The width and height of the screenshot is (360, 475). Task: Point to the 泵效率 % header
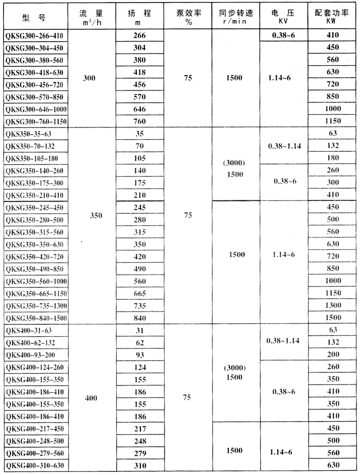(188, 16)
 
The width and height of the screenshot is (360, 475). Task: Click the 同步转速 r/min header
(234, 16)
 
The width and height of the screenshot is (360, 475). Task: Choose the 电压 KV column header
(282, 16)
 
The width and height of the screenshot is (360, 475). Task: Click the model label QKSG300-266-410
(35, 35)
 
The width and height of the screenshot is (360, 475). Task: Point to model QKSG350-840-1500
(36, 318)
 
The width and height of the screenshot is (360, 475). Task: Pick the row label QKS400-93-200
(30, 355)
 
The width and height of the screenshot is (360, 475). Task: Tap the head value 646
(139, 109)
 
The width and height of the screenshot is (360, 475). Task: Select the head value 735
(139, 305)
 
